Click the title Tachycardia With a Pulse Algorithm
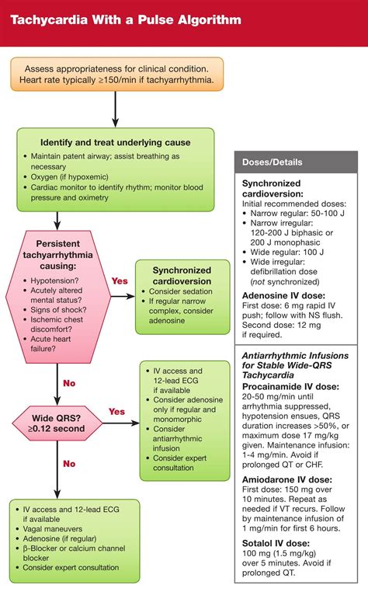point(125,18)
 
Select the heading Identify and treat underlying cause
point(116,142)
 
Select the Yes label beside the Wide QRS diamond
point(117,412)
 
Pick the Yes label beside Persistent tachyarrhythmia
point(119,280)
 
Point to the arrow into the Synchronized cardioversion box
point(123,294)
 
